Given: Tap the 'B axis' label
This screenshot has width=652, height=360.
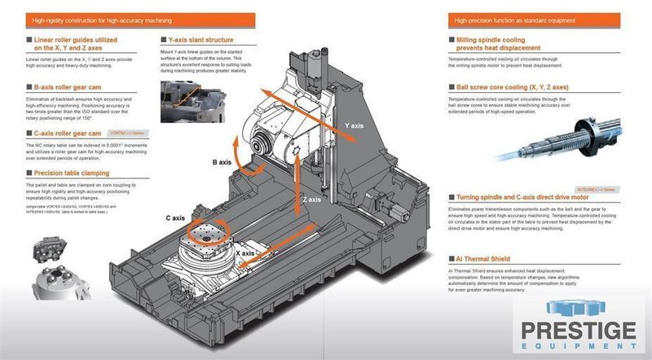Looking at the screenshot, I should (225, 163).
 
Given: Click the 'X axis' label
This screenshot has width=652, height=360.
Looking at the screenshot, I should (245, 254).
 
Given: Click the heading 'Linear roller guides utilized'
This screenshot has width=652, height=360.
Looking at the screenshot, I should (75, 40).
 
